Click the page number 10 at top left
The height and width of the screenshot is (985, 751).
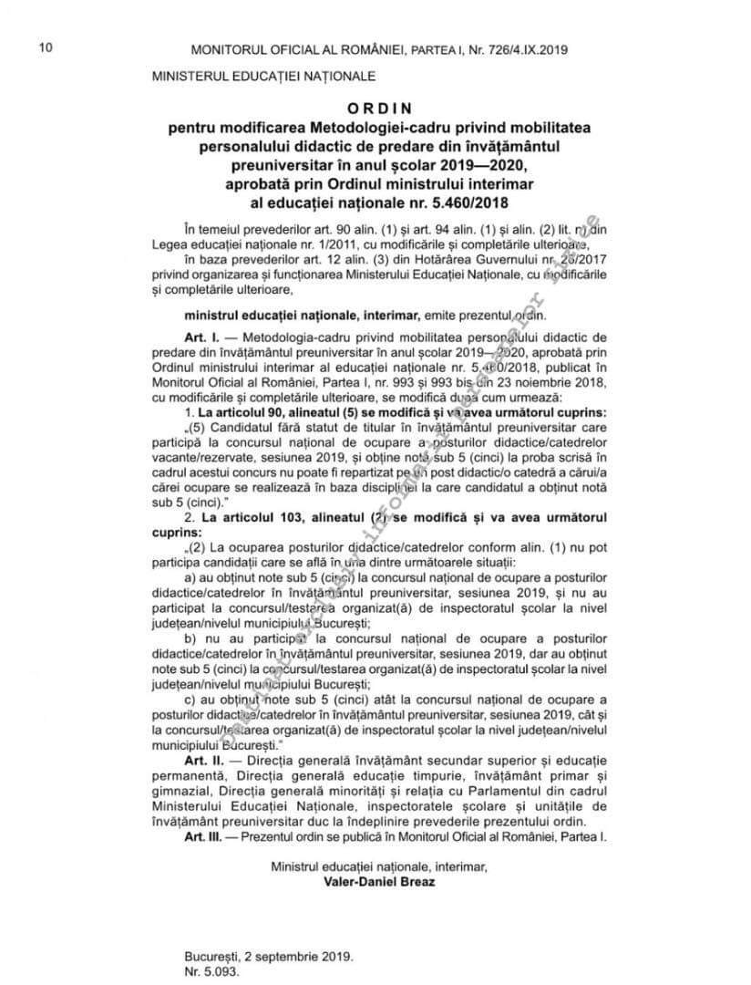(x=45, y=47)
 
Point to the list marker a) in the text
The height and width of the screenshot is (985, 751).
(x=190, y=578)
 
